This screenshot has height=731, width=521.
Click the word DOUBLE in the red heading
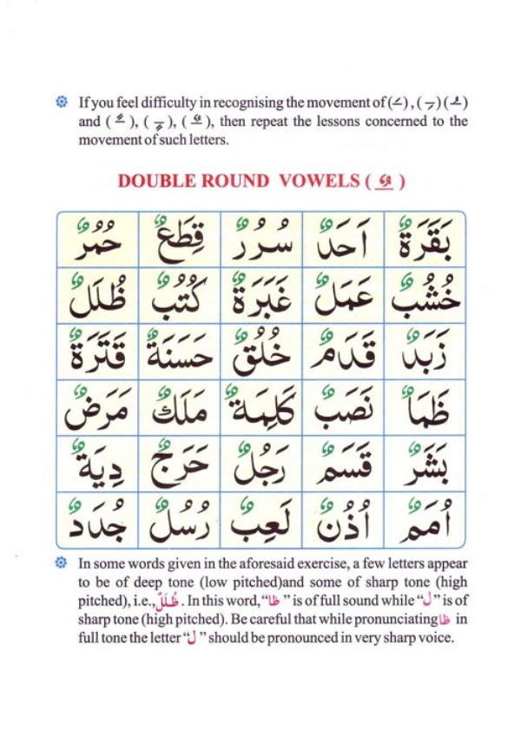154,181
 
